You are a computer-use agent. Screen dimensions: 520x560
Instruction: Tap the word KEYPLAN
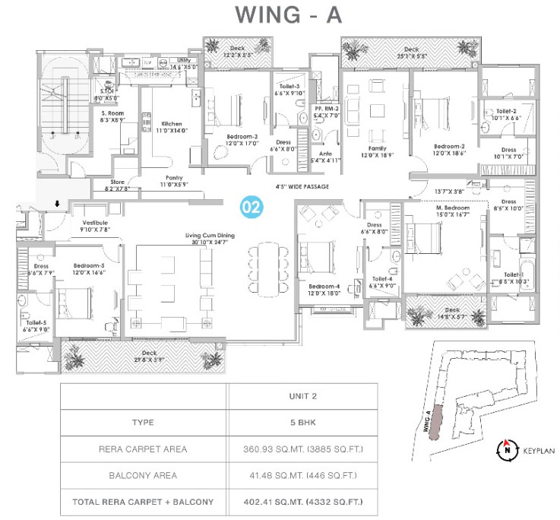[x=538, y=451]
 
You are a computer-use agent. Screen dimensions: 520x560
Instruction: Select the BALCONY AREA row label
[x=143, y=476]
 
